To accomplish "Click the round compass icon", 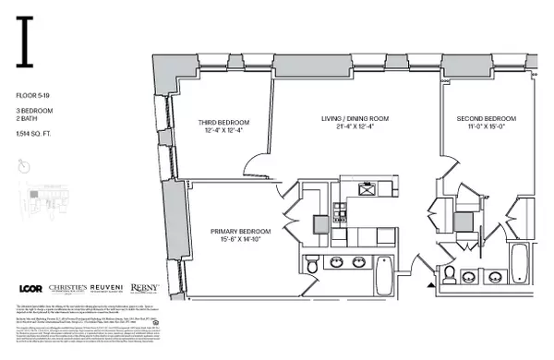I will tap(24, 167).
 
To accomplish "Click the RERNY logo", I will tap(142, 288).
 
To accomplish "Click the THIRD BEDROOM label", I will tap(222, 123).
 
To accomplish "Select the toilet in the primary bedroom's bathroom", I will tap(312, 267).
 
